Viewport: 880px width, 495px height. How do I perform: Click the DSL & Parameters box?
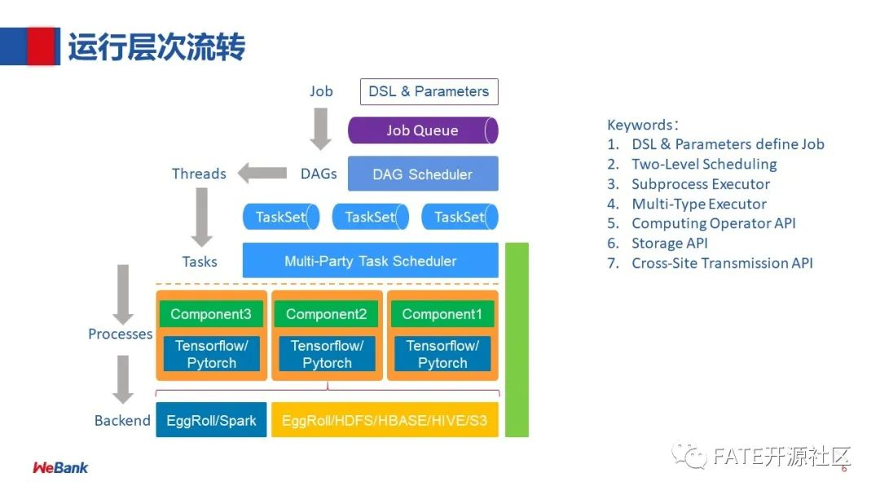coord(429,91)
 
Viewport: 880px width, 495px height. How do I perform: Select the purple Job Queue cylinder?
coord(422,130)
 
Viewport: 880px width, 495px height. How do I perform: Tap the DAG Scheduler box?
coord(422,174)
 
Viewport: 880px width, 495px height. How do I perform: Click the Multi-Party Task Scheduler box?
coord(370,261)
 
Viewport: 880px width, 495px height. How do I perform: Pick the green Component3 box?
coord(211,314)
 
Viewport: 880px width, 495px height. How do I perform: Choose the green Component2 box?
coord(327,314)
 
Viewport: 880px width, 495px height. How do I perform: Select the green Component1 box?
coord(442,314)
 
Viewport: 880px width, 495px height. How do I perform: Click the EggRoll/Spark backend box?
coord(211,420)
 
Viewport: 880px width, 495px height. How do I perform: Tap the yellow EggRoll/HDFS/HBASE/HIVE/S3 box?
coord(385,420)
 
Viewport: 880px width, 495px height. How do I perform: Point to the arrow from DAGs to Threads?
coord(262,173)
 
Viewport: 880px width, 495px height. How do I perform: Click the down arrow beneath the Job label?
coord(321,127)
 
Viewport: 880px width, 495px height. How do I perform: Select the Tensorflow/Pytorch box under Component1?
coord(442,354)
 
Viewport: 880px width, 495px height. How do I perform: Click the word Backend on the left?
coord(122,420)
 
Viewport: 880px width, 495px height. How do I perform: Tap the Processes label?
coord(120,334)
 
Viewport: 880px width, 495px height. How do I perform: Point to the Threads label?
coord(199,173)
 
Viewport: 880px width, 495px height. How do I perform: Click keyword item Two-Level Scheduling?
coord(704,164)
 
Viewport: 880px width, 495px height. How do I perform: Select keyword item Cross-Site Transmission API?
coord(722,263)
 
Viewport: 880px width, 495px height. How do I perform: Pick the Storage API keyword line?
coord(669,243)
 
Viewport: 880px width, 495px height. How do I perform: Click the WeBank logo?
coord(60,467)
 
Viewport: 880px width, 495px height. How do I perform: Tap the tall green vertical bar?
coord(517,339)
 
